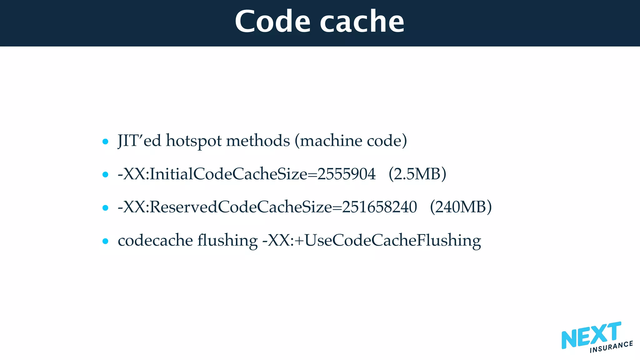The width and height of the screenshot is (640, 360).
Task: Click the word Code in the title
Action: pos(272,22)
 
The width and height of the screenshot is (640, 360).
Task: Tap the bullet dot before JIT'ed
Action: pos(105,142)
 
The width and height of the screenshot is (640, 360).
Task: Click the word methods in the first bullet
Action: pos(258,141)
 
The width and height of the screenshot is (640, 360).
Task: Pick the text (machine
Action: pos(328,141)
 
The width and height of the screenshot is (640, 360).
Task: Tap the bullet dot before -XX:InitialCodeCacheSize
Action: pos(105,175)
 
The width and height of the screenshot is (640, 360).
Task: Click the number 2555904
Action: pos(346,174)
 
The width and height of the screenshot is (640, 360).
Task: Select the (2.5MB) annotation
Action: pos(417,174)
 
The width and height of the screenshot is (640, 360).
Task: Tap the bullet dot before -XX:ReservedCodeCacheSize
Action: pos(105,208)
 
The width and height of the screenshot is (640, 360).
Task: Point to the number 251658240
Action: pos(379,207)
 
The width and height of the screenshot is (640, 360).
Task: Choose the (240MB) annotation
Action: pos(461,207)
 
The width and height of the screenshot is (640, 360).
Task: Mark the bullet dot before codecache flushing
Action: pos(105,241)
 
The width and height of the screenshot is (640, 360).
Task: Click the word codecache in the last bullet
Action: pos(155,241)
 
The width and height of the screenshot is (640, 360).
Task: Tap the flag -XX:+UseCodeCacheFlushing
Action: pos(371,241)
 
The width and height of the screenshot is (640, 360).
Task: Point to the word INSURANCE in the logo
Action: pos(611,347)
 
